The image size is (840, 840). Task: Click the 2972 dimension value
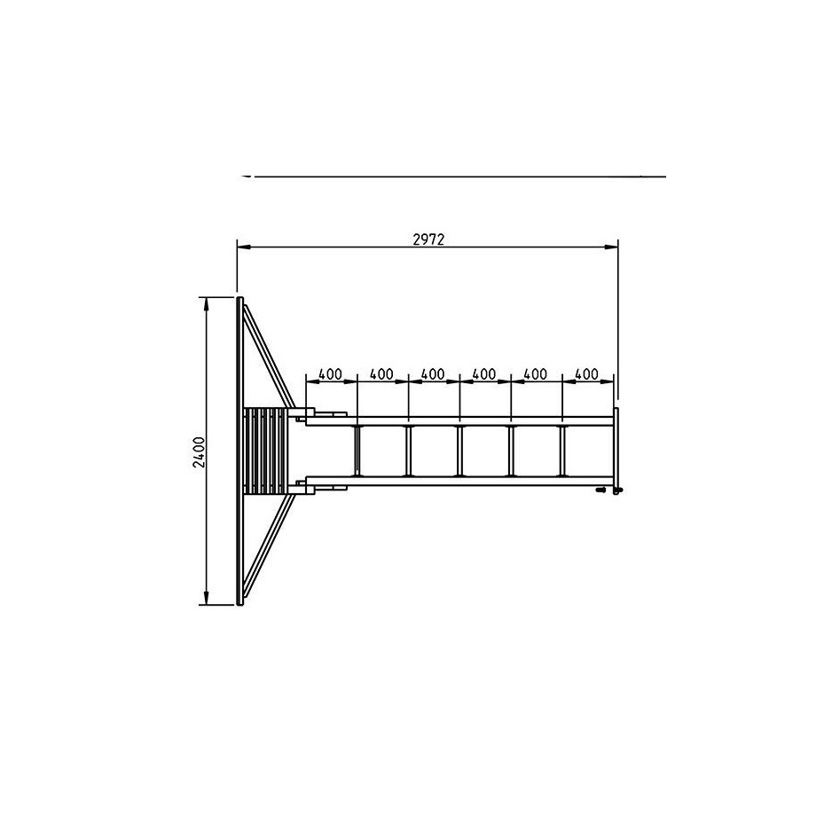click(428, 239)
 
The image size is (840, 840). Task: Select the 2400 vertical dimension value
click(199, 452)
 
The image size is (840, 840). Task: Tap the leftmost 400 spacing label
click(330, 374)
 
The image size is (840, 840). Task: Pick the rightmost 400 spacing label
click(586, 374)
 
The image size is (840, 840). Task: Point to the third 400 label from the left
click(433, 374)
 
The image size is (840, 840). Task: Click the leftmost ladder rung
click(357, 451)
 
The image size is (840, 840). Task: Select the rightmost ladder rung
click(562, 451)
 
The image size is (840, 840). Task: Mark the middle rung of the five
click(459, 451)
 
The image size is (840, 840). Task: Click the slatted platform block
click(266, 451)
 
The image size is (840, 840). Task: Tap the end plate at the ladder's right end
click(616, 451)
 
